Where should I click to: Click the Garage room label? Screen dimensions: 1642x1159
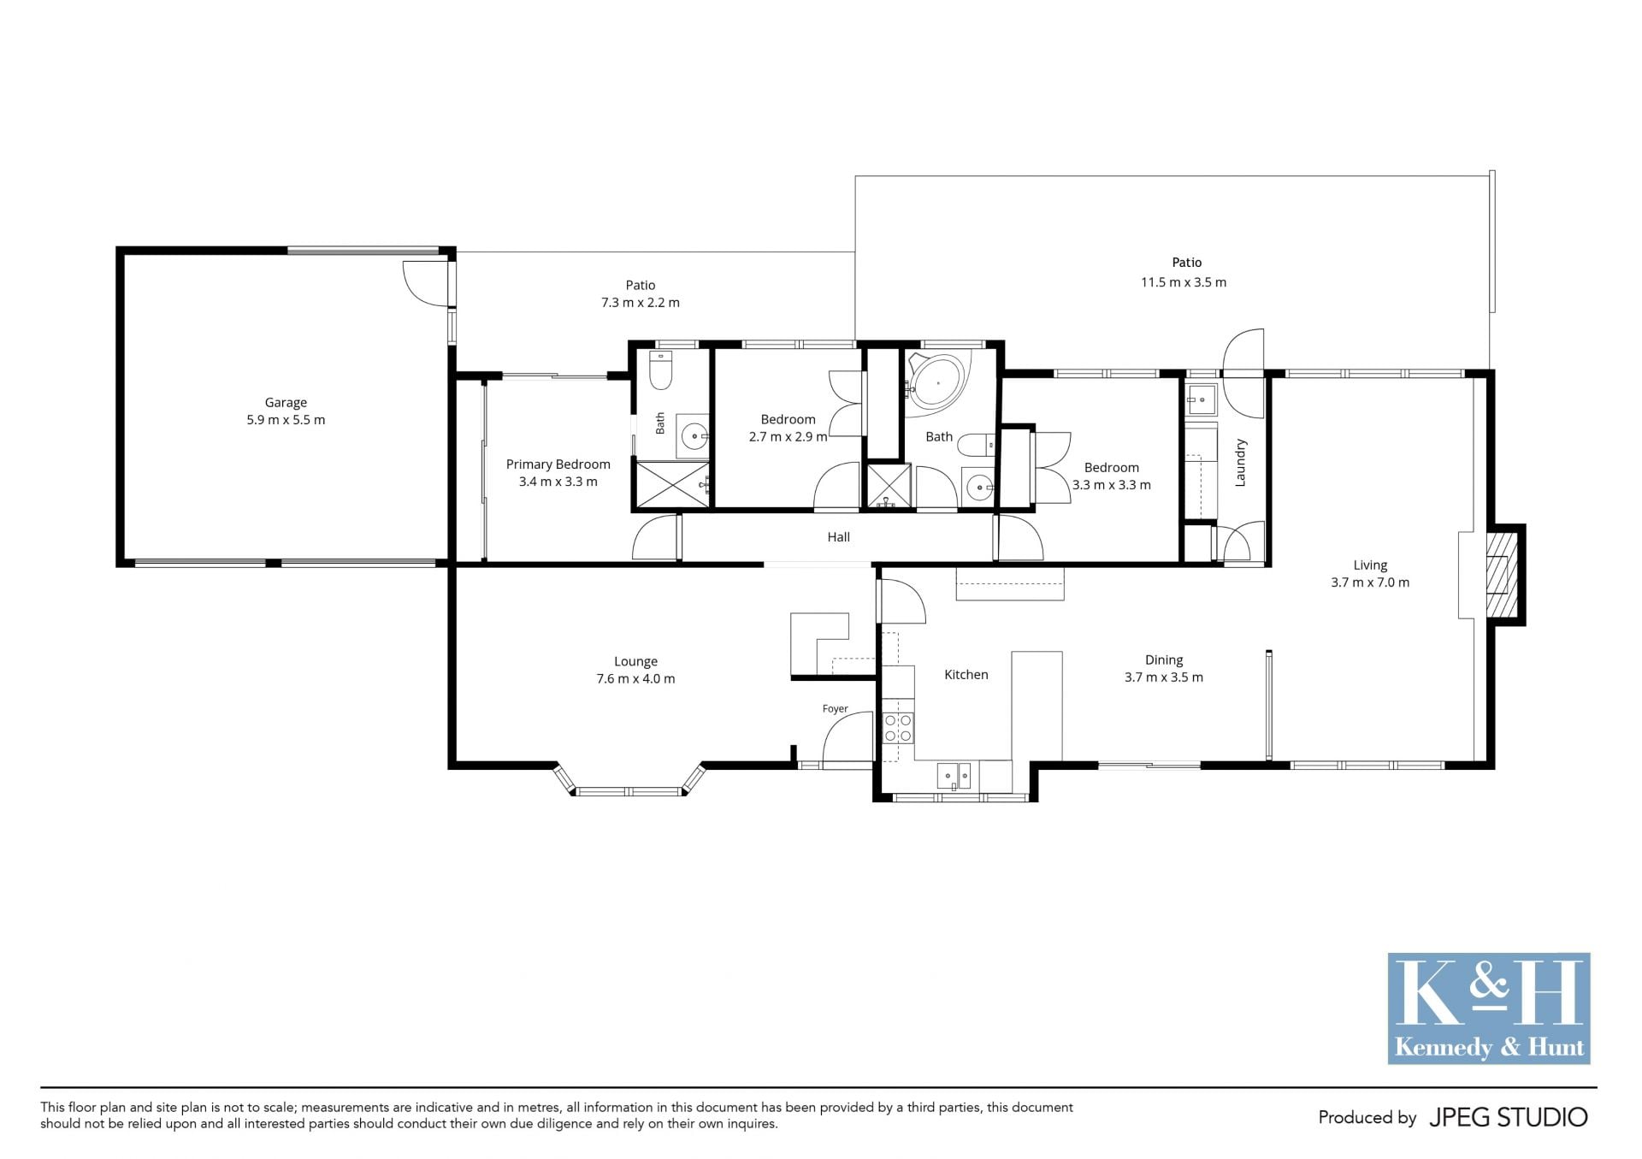point(286,402)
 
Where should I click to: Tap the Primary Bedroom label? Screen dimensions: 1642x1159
point(558,464)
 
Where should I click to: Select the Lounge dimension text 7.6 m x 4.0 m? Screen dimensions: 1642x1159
point(635,679)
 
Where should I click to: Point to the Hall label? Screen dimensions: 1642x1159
point(838,537)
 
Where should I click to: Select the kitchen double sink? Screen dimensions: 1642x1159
point(954,777)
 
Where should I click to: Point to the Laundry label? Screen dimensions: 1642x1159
point(1241,463)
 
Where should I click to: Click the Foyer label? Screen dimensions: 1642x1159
point(835,708)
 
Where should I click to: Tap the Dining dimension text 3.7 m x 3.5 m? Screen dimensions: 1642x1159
point(1163,677)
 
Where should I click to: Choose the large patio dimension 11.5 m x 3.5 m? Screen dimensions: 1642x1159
point(1184,282)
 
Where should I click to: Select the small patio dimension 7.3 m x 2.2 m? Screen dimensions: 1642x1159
point(641,303)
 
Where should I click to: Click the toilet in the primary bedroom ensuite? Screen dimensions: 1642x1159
point(661,370)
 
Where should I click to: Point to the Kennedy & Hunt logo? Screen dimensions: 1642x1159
point(1489,1008)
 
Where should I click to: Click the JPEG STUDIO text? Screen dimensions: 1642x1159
point(1509,1117)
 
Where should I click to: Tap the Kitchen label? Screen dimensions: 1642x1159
point(966,675)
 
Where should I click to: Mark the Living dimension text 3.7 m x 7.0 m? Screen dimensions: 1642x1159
point(1370,582)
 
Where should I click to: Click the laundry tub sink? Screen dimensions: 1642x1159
point(1201,399)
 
